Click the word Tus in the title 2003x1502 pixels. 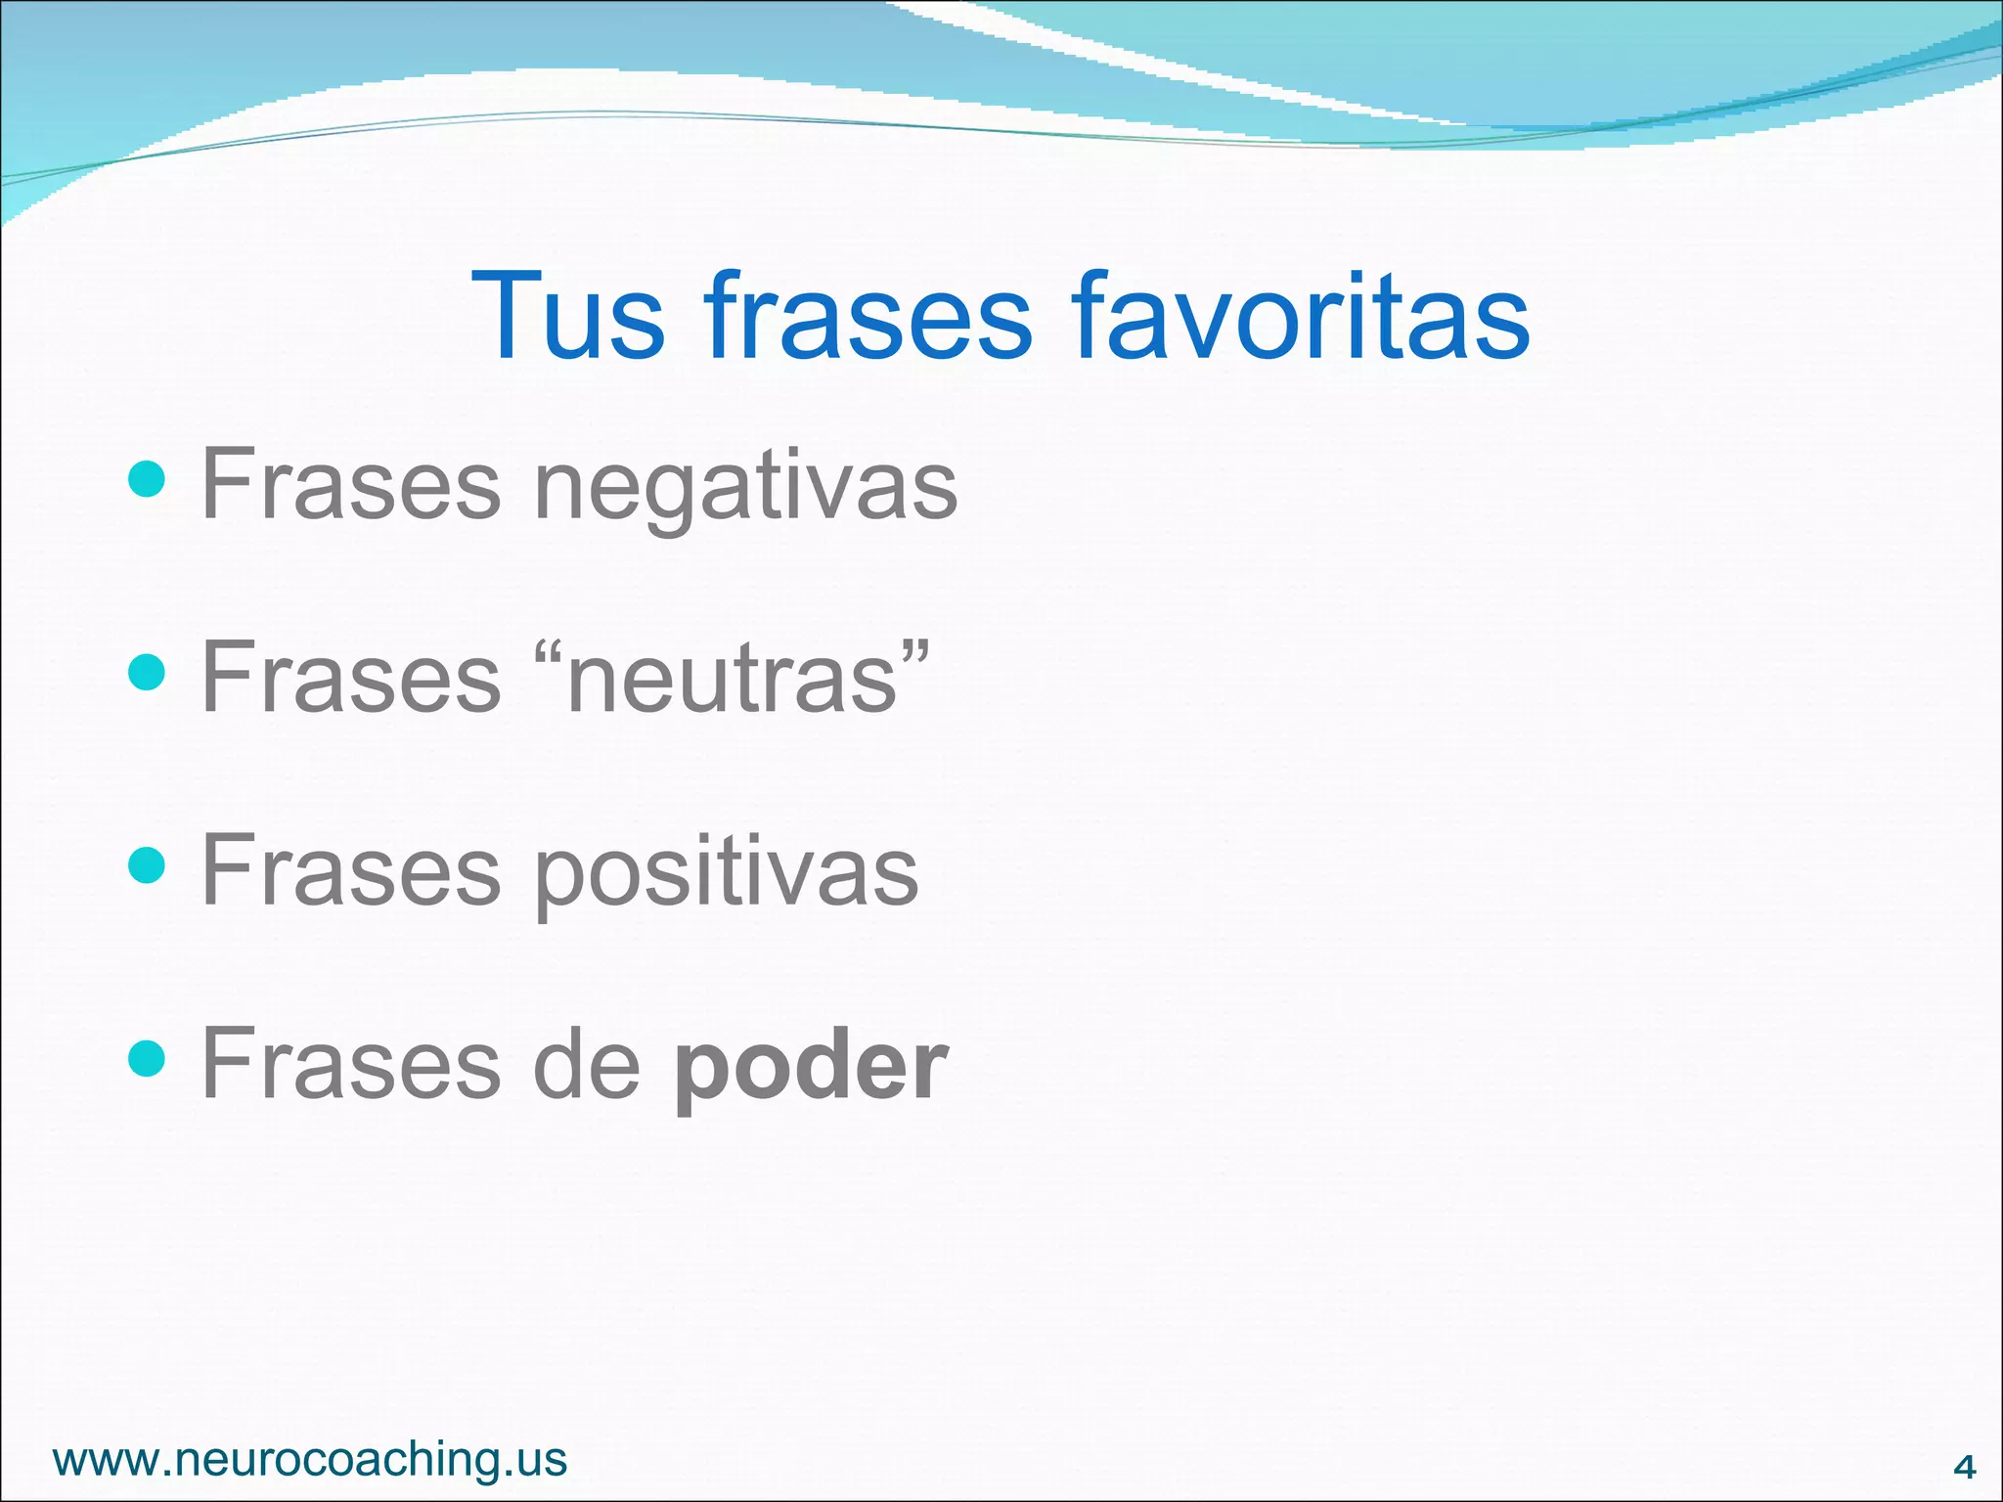[x=568, y=317]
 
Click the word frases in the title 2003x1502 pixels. [x=868, y=317]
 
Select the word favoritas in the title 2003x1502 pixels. [x=1300, y=317]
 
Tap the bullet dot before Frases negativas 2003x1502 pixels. [x=147, y=479]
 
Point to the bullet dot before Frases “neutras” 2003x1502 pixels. [x=147, y=672]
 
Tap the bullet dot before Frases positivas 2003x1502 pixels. [x=147, y=864]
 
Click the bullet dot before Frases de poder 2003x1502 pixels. [x=147, y=1057]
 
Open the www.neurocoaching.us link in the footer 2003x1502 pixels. [x=310, y=1459]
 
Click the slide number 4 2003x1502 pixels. [x=1963, y=1467]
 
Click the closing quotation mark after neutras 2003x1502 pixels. [x=915, y=652]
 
